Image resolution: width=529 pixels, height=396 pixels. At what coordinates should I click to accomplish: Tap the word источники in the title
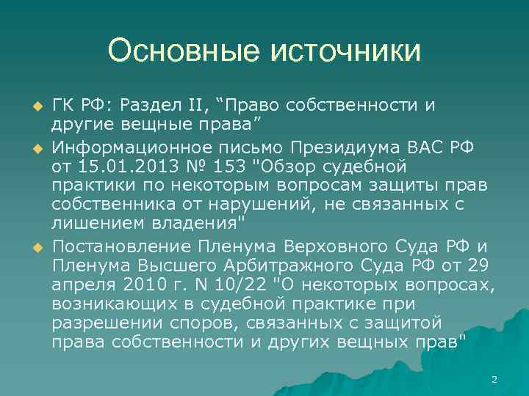coord(345,51)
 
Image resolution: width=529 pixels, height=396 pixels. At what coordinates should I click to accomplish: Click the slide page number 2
coord(494,379)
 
